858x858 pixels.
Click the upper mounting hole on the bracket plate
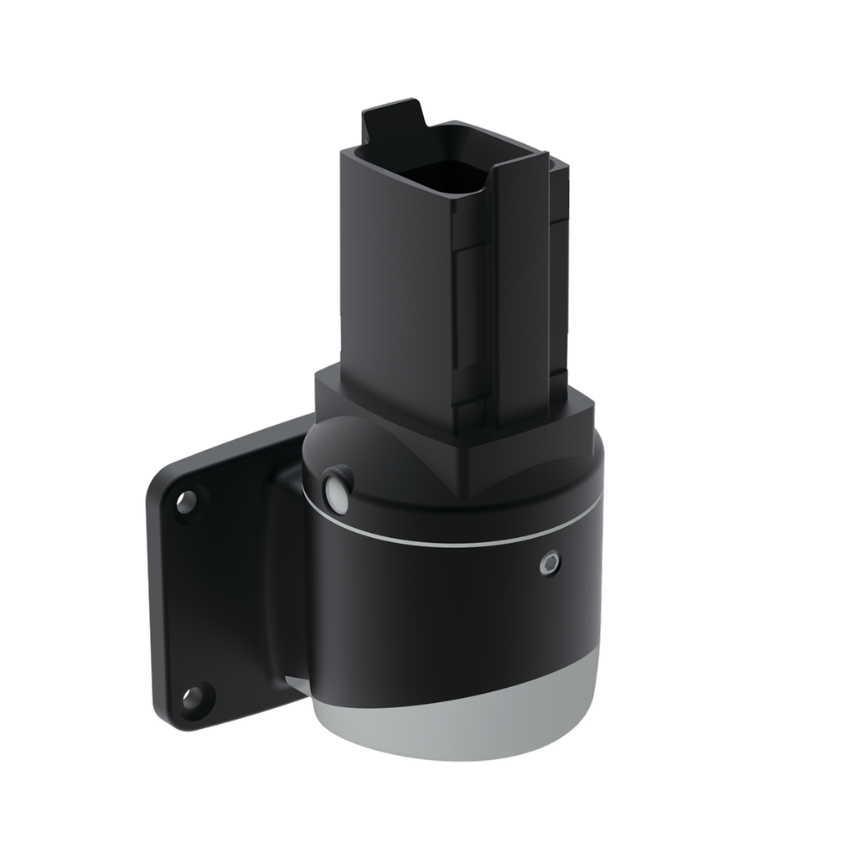point(186,502)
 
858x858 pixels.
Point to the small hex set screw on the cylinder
point(550,564)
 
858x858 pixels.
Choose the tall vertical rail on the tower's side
point(518,293)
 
